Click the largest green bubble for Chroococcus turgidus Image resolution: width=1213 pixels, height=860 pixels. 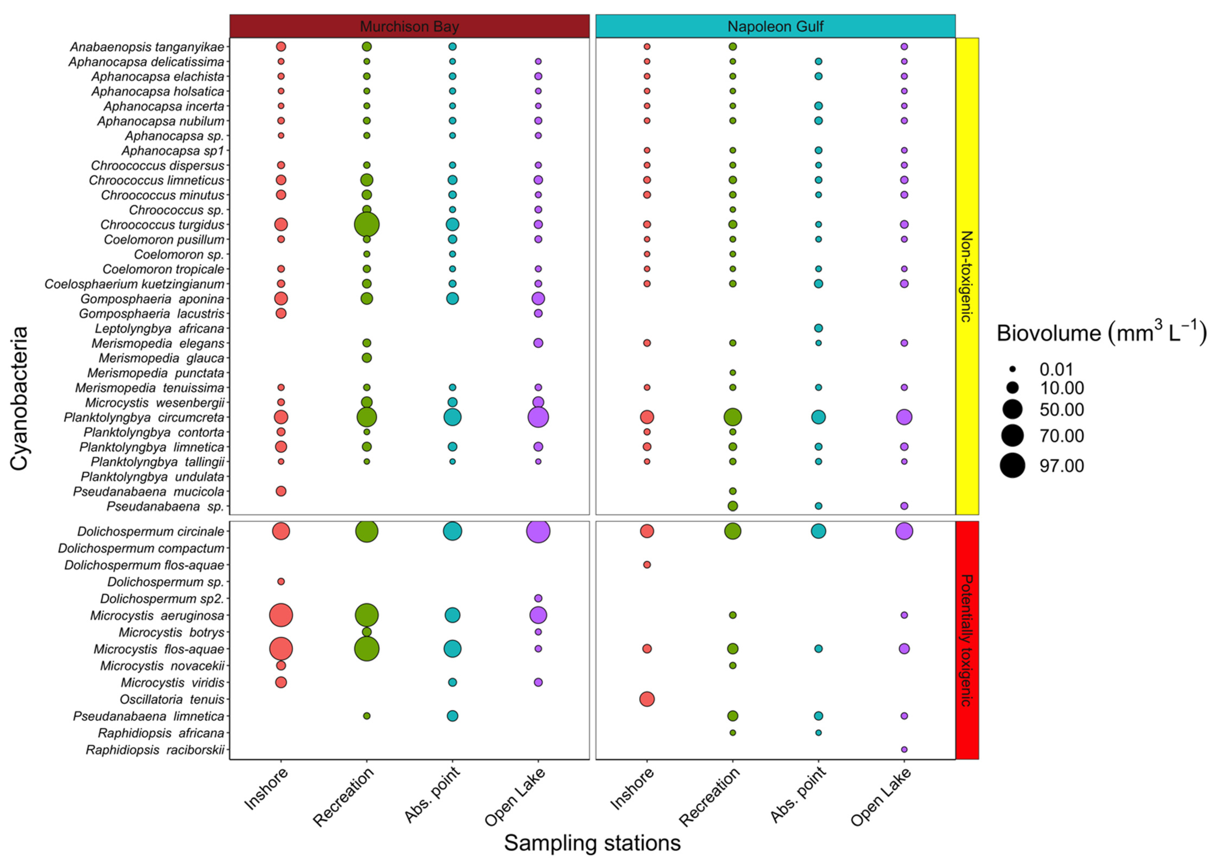[366, 225]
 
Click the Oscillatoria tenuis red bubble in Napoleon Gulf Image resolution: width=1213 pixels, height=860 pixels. [646, 699]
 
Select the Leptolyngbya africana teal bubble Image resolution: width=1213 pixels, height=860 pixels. [818, 328]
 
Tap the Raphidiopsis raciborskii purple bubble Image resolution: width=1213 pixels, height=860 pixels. [904, 749]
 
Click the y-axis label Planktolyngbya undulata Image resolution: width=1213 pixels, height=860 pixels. [152, 476]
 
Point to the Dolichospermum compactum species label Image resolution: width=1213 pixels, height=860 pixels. [141, 548]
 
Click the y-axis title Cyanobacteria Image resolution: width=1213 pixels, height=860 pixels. [19, 398]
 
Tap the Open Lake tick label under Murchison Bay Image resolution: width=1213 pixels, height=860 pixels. [515, 797]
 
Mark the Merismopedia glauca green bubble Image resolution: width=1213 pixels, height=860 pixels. [366, 358]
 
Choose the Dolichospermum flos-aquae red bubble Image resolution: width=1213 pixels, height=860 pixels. [646, 565]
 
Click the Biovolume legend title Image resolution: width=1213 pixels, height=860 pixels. [1101, 333]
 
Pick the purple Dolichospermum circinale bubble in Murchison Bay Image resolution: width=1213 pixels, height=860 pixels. [538, 531]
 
